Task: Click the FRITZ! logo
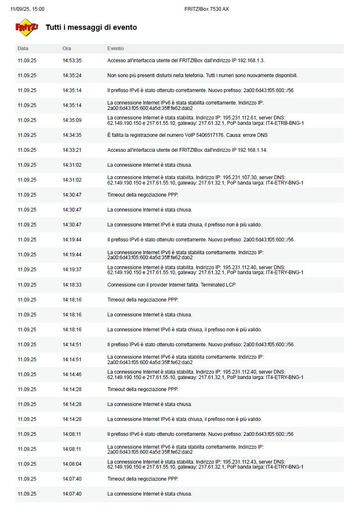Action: (x=27, y=27)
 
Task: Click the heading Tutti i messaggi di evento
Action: (x=91, y=27)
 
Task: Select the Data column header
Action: (x=23, y=49)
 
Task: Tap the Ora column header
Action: (x=67, y=49)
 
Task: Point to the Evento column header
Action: (x=115, y=49)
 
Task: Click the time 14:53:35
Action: (x=72, y=61)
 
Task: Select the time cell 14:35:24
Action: (x=72, y=75)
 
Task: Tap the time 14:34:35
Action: (x=72, y=135)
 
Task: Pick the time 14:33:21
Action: (x=72, y=150)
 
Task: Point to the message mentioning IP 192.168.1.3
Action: (x=186, y=61)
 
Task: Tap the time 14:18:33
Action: (x=72, y=285)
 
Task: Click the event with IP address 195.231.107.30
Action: (x=205, y=180)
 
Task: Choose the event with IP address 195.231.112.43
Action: (x=205, y=464)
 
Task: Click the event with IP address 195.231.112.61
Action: (x=205, y=120)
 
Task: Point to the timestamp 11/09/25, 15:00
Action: (x=27, y=9)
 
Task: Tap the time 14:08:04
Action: (x=72, y=464)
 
